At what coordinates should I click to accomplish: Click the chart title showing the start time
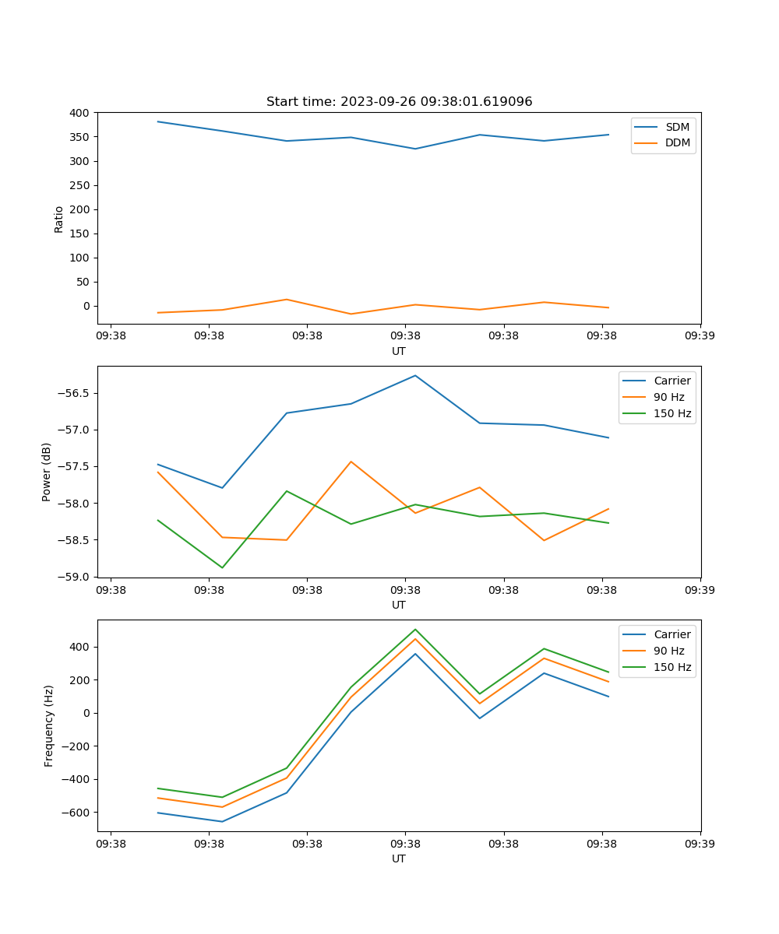(x=399, y=102)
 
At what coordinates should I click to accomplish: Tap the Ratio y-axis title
(x=59, y=219)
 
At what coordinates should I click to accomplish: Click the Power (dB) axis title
(x=47, y=472)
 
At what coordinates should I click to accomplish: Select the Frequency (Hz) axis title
(x=48, y=725)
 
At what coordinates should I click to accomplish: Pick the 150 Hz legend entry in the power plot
(x=672, y=413)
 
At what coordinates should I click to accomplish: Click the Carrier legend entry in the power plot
(x=671, y=381)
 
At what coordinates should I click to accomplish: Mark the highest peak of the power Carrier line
(x=415, y=375)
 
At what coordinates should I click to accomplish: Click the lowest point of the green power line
(x=222, y=567)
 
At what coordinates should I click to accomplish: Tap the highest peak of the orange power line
(x=351, y=462)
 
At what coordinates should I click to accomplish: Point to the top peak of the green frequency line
(x=415, y=629)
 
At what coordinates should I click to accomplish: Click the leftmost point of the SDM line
(x=158, y=121)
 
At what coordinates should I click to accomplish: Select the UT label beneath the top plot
(x=399, y=351)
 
